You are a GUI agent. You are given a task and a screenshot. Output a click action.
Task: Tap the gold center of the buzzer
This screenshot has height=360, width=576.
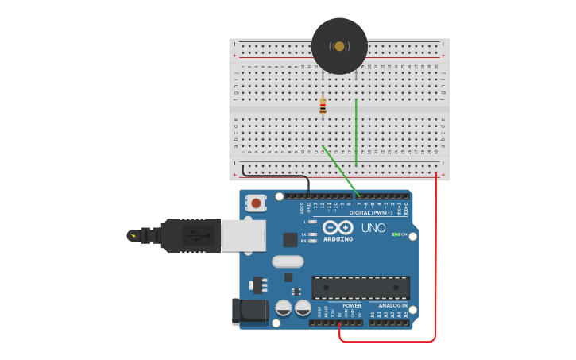coord(339,46)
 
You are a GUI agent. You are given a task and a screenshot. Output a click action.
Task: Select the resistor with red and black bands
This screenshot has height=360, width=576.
coord(323,106)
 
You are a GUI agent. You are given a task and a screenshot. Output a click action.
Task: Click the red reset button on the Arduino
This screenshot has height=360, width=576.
coord(256,203)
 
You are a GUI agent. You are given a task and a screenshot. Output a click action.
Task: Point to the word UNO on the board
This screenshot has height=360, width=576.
coord(373,228)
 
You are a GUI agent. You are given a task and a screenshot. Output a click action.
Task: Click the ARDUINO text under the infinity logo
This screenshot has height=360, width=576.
coord(338,238)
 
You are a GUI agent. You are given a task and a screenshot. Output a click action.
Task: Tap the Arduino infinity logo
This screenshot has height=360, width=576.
coord(338,228)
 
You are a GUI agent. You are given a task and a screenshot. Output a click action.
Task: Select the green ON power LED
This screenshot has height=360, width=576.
coord(396,234)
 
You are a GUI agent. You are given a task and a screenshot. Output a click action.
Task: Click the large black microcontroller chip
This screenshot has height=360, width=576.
coord(361,288)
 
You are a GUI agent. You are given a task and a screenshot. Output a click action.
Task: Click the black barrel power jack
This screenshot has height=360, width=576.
coord(248,312)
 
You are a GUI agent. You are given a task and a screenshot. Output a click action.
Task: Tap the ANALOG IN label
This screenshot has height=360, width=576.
coord(388,305)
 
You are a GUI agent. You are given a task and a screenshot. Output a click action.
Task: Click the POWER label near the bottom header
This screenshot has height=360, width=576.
coord(351,305)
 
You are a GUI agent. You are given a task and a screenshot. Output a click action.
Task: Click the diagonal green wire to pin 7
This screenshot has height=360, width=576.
coord(340,172)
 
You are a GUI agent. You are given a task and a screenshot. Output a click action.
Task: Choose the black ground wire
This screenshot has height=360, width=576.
coord(274,176)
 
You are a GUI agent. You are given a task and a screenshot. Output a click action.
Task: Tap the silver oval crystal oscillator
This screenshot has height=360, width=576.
coord(288,261)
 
